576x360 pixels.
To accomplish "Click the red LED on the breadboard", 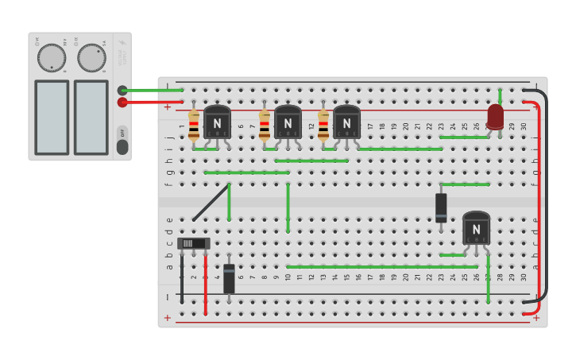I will (x=495, y=116).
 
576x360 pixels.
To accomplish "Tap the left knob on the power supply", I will (x=52, y=58).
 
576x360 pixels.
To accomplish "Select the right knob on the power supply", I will (x=91, y=58).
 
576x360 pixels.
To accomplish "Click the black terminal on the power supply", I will (x=122, y=91).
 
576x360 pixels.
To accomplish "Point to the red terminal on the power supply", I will (x=122, y=103).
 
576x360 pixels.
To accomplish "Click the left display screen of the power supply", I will (x=52, y=117).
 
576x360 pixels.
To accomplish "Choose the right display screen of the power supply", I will (x=91, y=117).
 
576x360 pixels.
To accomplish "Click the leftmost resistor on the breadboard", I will (x=194, y=126).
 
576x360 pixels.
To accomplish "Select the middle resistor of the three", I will (x=265, y=126).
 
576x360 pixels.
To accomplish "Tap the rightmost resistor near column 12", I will (x=323, y=126).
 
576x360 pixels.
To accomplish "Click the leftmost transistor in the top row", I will (x=217, y=123).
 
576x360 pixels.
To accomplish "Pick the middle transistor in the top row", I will (x=288, y=123).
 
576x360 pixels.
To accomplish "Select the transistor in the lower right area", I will (x=476, y=229).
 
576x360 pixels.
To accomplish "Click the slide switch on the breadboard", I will (x=194, y=243).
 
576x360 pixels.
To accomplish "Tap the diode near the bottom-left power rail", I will (x=229, y=279).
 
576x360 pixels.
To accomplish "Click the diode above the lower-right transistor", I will (x=441, y=208).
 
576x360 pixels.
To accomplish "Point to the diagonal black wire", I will (x=211, y=202).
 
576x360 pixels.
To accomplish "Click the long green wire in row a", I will (x=381, y=266).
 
